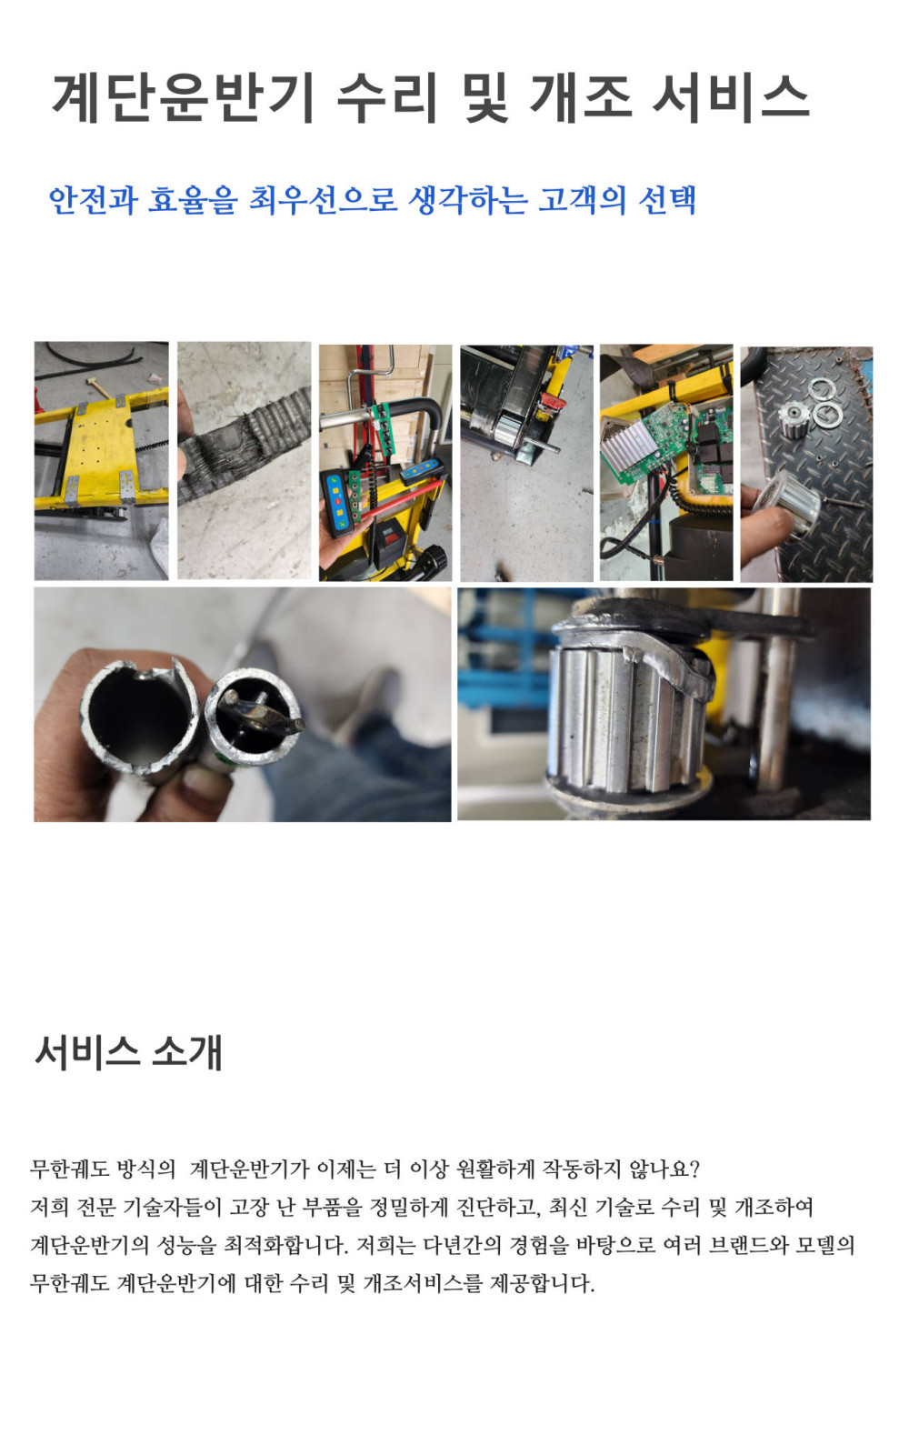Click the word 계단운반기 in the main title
pos(184,99)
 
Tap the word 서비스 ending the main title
pos(730,99)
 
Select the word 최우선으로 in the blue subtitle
pos(323,199)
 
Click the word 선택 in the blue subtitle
pos(667,199)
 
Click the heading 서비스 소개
pos(128,1052)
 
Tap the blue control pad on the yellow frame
pos(419,471)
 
